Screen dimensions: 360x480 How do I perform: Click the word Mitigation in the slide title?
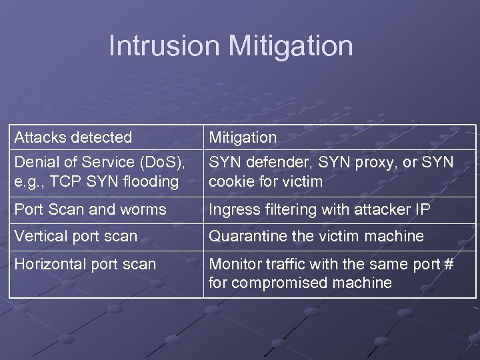[290, 46]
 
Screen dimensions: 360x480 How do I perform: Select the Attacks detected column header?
[73, 137]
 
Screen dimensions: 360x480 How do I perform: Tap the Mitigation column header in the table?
[243, 137]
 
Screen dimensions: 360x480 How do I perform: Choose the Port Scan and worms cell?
[90, 209]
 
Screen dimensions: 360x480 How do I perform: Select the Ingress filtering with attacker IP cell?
[320, 209]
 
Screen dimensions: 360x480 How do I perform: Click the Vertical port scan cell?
[76, 236]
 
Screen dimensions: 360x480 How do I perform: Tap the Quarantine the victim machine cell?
[317, 236]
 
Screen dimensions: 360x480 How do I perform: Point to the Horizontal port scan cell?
[85, 264]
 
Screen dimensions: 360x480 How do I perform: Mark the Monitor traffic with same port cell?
[331, 273]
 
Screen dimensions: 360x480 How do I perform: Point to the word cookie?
[229, 181]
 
